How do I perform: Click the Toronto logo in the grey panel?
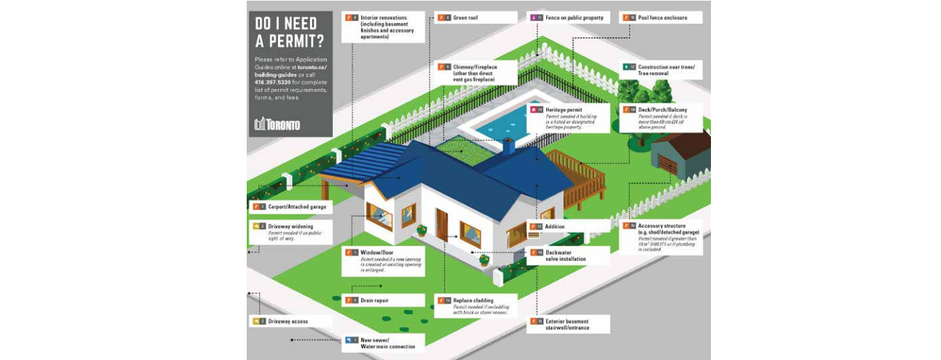click(277, 124)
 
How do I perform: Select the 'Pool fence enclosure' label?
click(662, 17)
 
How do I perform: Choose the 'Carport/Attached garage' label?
click(297, 206)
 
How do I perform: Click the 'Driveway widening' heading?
click(291, 226)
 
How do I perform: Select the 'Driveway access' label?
click(288, 321)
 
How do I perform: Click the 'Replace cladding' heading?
click(473, 300)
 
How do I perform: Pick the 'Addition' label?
click(555, 227)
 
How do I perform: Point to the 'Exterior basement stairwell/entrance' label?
click(567, 325)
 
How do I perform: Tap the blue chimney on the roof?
click(509, 145)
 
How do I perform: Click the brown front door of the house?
click(441, 224)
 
